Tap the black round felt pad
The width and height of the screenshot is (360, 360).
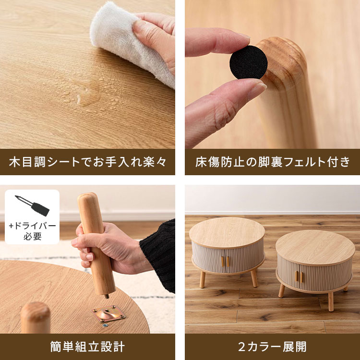click(x=249, y=62)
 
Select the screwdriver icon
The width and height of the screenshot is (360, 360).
click(x=32, y=205)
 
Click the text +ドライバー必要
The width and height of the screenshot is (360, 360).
click(x=32, y=231)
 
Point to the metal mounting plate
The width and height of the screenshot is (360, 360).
click(x=108, y=313)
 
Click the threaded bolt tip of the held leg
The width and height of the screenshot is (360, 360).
click(x=107, y=296)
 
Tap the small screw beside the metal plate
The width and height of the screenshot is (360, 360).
click(x=105, y=325)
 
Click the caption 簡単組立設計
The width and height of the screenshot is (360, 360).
click(x=87, y=347)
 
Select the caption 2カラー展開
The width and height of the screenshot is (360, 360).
click(x=272, y=347)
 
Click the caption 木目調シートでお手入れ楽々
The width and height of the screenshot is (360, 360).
click(x=87, y=162)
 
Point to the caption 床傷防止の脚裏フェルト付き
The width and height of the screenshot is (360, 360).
click(x=273, y=162)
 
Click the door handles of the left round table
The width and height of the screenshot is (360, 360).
click(x=225, y=262)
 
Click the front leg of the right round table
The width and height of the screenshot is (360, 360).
click(x=331, y=301)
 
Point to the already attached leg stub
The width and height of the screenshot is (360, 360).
click(x=36, y=317)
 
